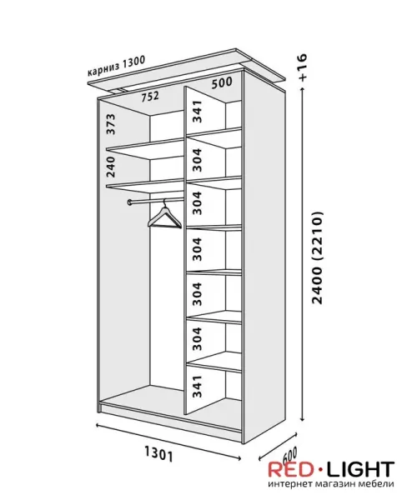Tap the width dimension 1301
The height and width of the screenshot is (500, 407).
pyautogui.click(x=159, y=454)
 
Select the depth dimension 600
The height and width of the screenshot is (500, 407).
pyautogui.click(x=290, y=454)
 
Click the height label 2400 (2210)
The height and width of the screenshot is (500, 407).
pyautogui.click(x=318, y=257)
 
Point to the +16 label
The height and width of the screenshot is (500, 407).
pyautogui.click(x=302, y=67)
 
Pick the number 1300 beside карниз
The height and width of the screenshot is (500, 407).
pyautogui.click(x=134, y=62)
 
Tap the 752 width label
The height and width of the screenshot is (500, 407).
pyautogui.click(x=150, y=96)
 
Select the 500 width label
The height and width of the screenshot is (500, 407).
pyautogui.click(x=222, y=82)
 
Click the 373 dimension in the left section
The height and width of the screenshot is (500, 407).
pyautogui.click(x=110, y=124)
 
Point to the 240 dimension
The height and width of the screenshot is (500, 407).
pyautogui.click(x=110, y=167)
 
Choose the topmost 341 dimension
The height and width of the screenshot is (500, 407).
pyautogui.click(x=198, y=112)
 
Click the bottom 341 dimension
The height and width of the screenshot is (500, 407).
pyautogui.click(x=198, y=387)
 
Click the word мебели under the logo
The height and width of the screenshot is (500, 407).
pyautogui.click(x=377, y=483)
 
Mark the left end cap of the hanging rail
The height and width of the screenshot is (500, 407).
pyautogui.click(x=129, y=202)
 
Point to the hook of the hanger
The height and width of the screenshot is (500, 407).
pyautogui.click(x=164, y=202)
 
